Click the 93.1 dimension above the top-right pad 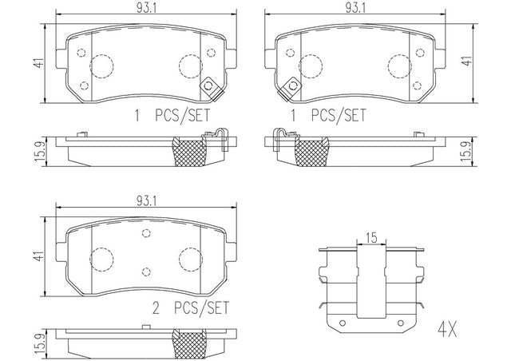[355, 8]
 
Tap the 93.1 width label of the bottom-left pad [147, 201]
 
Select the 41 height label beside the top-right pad [467, 61]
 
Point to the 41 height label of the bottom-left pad [39, 256]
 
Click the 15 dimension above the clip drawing [371, 237]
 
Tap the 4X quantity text [447, 329]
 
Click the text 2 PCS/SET [191, 307]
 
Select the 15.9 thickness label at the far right [467, 152]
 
